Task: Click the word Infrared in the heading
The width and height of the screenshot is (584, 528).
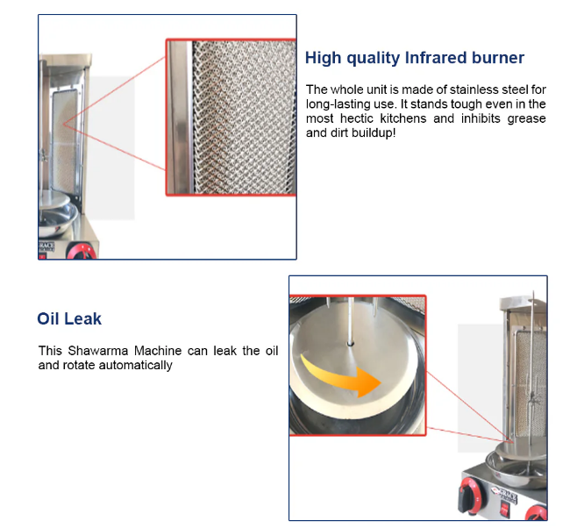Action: (435, 58)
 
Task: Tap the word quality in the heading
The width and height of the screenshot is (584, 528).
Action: (374, 59)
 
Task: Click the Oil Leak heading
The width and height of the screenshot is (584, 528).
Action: (69, 319)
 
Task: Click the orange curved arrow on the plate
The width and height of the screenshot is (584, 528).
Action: (341, 376)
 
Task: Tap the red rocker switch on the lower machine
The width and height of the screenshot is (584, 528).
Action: (504, 509)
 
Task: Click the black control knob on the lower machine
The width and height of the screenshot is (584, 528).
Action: (468, 494)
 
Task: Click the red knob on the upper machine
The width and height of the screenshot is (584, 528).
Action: (82, 252)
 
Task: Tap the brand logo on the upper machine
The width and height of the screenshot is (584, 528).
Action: (46, 246)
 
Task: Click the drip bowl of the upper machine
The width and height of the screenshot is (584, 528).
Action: (57, 219)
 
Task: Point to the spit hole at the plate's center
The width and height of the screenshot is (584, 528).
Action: (350, 344)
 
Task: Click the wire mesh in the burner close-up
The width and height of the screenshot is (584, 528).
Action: (245, 118)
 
